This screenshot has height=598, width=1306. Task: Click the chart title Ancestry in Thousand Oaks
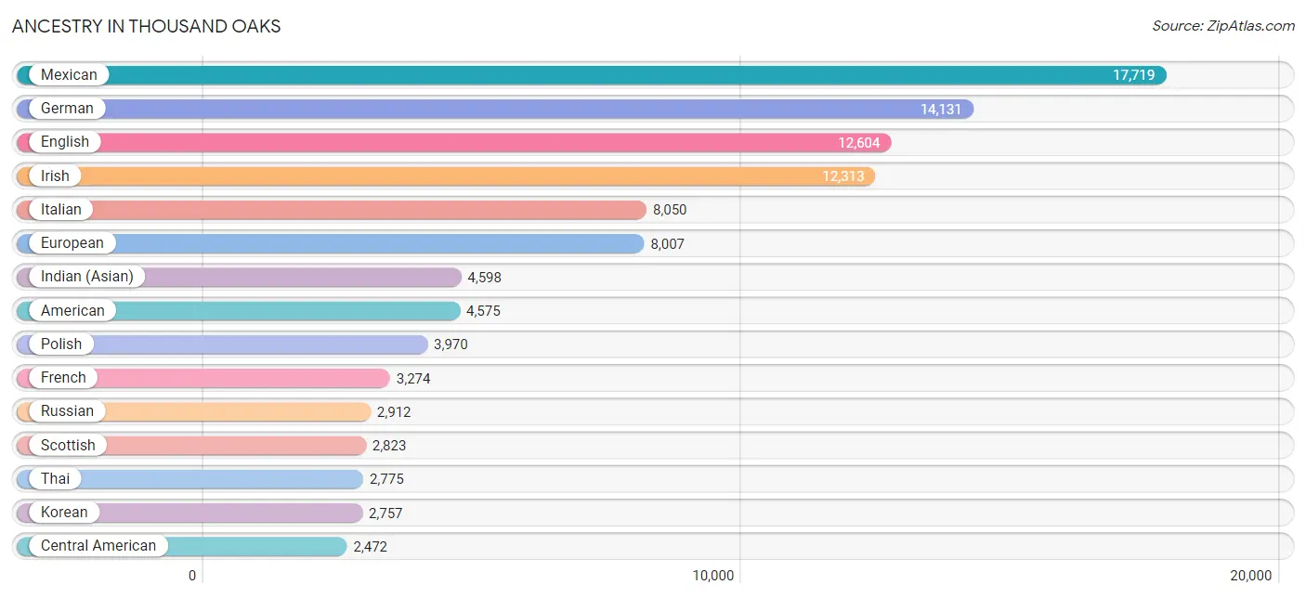(x=147, y=26)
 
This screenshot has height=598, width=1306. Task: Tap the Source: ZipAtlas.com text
(x=1223, y=26)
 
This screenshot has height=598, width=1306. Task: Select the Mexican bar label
(x=69, y=74)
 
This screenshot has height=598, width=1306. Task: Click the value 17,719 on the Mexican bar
(x=1133, y=75)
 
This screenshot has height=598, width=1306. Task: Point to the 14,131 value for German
(x=940, y=109)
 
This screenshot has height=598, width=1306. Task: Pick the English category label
(x=65, y=142)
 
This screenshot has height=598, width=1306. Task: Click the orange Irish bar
(x=446, y=176)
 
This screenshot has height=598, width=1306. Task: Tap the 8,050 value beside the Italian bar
(x=670, y=210)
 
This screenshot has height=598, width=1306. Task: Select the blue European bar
(x=330, y=243)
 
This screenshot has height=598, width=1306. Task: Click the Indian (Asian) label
(x=87, y=277)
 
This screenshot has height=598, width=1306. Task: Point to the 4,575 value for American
(x=483, y=311)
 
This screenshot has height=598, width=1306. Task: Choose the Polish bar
(x=222, y=344)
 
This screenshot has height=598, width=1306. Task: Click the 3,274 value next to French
(x=412, y=379)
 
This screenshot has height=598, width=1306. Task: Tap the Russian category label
(x=67, y=411)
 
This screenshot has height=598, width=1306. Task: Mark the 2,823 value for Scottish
(x=389, y=446)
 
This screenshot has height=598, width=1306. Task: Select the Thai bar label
(x=55, y=478)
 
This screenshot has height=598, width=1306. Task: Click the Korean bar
(x=189, y=513)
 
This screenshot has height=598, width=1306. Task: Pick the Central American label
(x=98, y=546)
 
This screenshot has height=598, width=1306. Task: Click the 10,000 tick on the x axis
(x=712, y=576)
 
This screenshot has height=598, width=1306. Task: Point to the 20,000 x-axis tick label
(x=1250, y=576)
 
